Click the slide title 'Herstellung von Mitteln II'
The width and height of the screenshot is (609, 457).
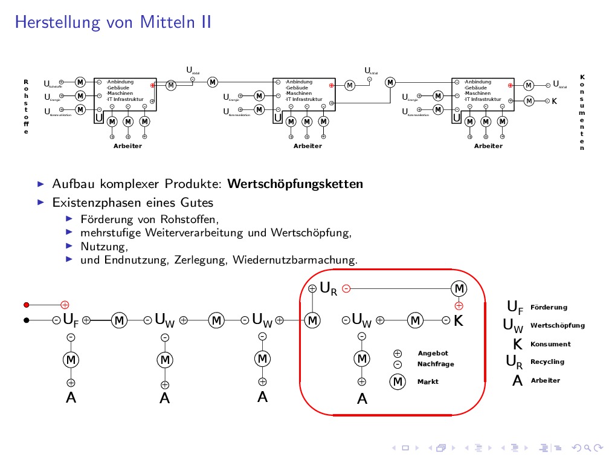click(113, 23)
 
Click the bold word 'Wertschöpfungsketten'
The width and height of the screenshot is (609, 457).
click(296, 184)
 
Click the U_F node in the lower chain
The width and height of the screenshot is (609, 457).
click(71, 320)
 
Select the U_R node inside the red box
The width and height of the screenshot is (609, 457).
click(329, 289)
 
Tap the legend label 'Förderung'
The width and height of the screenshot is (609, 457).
click(549, 308)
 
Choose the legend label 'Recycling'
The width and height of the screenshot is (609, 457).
click(547, 362)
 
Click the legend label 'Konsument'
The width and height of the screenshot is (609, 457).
click(550, 345)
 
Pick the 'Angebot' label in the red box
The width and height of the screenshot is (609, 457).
click(433, 354)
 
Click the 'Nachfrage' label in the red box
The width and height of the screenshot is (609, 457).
click(436, 365)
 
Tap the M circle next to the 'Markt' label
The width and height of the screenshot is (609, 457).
click(398, 382)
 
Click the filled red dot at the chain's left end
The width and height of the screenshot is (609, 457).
click(26, 305)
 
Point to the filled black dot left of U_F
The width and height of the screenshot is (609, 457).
click(26, 320)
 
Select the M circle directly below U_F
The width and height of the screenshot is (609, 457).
click(71, 360)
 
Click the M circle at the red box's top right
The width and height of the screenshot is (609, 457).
click(459, 288)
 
